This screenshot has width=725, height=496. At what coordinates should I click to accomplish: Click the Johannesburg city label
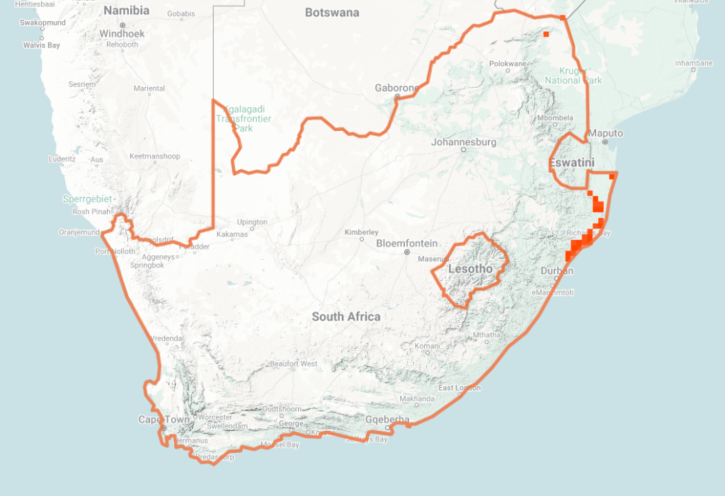coord(464,142)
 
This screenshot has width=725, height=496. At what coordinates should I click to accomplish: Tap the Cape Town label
coord(164,420)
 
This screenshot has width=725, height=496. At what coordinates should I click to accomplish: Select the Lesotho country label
coord(470,269)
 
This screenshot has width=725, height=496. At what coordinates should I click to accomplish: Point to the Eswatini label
coord(571,163)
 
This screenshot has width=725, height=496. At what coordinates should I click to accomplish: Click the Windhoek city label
coord(122,33)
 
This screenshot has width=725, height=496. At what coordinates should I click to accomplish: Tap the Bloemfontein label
coord(406,243)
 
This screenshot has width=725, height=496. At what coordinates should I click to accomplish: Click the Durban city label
coord(556,271)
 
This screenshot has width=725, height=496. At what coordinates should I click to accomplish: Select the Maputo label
coord(606,133)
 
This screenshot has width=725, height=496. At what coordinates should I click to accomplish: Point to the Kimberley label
coord(361,232)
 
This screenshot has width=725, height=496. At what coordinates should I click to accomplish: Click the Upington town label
coord(252,222)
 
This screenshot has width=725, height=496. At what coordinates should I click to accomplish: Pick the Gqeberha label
coord(388,420)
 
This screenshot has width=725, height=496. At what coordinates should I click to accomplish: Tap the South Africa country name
coord(346,317)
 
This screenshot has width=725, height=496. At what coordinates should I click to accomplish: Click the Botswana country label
coord(332,12)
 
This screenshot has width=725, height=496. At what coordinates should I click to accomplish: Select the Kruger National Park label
coord(573,75)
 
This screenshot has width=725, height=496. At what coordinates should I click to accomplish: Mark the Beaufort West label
coord(293,364)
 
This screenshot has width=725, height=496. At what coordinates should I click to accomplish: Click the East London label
coord(459,388)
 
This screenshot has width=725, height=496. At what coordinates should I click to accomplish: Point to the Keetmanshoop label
coord(155,156)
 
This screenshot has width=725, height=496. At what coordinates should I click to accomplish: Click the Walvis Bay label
coord(42,45)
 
